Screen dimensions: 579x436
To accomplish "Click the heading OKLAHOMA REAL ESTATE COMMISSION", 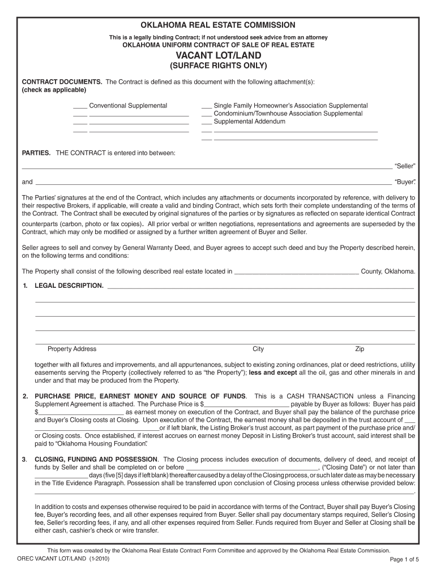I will click(x=218, y=25).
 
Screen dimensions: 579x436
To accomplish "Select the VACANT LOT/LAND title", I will click(x=218, y=55).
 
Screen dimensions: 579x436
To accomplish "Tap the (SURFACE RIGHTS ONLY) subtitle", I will click(x=218, y=66).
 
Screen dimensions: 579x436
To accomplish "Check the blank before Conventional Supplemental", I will click(x=80, y=106).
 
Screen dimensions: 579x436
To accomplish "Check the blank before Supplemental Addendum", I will click(x=206, y=122).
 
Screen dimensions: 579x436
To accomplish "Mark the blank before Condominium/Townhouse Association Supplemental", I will click(x=206, y=114).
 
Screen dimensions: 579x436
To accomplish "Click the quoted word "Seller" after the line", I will click(x=405, y=166).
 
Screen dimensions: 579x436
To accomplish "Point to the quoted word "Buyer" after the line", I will click(x=405, y=182).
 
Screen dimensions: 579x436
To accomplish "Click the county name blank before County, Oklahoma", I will click(x=296, y=272).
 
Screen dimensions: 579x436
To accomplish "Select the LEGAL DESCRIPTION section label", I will click(x=69, y=286).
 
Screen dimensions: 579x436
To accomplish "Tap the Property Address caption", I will click(x=72, y=349).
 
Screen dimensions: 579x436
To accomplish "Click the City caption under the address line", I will click(x=258, y=349).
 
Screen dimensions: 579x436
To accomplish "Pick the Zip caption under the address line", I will click(x=360, y=349).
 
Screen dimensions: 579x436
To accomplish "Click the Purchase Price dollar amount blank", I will click(x=247, y=405).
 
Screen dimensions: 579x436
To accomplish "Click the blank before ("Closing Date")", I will click(x=253, y=468).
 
